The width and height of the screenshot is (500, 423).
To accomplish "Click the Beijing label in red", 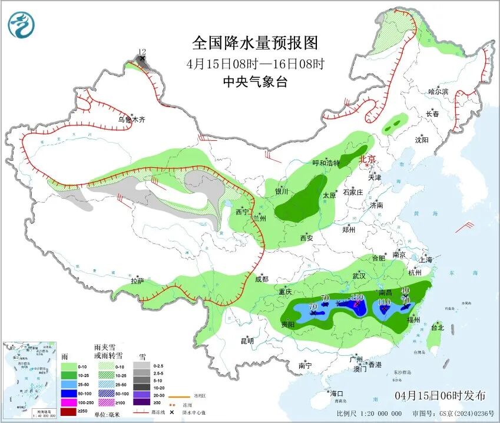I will [367, 158].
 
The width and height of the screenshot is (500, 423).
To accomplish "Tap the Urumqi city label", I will [131, 119].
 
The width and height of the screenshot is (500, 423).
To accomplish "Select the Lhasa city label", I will [137, 281].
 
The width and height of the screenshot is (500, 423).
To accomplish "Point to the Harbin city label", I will [438, 91].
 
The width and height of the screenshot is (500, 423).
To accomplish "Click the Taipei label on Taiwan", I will [438, 327].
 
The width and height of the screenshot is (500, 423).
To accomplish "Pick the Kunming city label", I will [247, 341].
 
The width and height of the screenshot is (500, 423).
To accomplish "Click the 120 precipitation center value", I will [357, 297].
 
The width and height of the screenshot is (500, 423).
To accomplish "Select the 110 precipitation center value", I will [385, 302].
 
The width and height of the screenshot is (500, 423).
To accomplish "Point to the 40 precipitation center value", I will [405, 290].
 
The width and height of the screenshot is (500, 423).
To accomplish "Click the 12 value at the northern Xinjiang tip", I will [141, 52].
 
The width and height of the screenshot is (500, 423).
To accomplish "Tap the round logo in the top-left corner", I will [22, 25].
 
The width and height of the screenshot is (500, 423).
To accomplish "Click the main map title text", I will [255, 42].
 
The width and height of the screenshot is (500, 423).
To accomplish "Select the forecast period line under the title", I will [255, 63].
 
